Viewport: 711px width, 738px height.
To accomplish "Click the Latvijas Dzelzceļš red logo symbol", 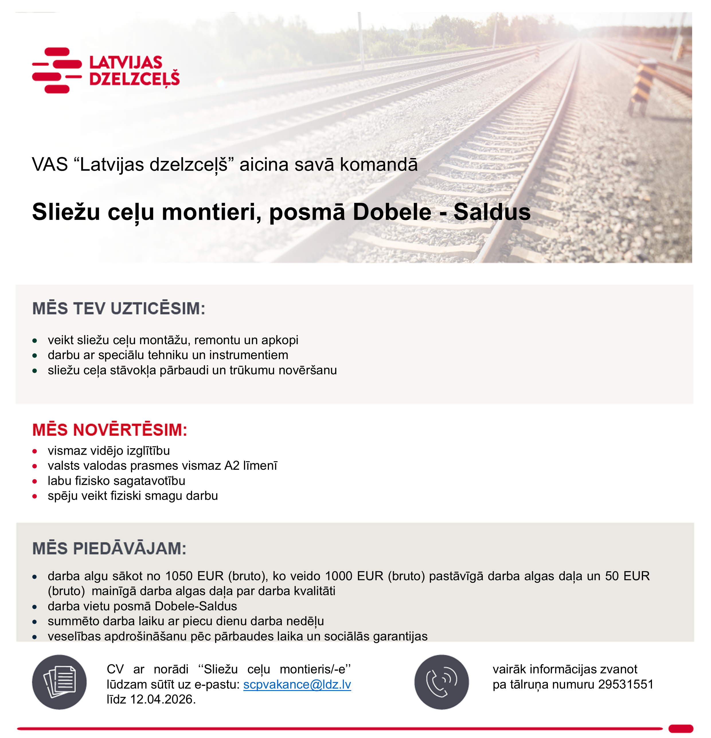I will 56,70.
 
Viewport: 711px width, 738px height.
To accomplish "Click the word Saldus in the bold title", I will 492,212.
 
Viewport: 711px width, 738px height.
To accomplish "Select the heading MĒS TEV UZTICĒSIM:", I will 119,308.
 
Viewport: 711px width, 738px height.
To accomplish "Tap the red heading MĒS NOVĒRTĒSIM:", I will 110,430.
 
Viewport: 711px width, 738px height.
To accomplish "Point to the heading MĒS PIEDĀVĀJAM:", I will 109,549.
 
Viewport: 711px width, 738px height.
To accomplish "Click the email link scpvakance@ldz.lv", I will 297,684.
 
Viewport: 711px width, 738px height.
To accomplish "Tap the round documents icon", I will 59,682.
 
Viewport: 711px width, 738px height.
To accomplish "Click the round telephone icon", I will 442,682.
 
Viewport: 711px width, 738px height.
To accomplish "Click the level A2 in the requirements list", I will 232,466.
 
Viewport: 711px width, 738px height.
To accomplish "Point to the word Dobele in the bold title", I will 392,212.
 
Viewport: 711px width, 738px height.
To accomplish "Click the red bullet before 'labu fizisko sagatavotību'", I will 35,481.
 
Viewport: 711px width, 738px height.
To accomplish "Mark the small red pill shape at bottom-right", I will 681,729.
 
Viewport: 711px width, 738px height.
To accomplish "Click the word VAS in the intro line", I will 50,165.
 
